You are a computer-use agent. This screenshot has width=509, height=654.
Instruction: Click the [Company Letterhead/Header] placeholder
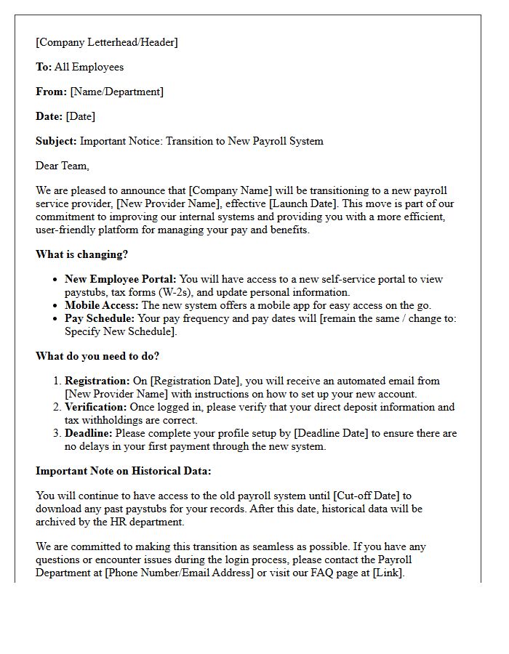[107, 42]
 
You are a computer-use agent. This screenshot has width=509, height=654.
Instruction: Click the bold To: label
[44, 67]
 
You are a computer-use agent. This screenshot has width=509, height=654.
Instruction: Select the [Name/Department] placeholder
[116, 92]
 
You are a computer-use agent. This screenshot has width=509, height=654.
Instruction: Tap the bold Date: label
[49, 116]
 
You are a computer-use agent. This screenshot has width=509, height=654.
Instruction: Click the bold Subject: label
[56, 141]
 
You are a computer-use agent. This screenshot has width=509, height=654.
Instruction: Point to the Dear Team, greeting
[63, 166]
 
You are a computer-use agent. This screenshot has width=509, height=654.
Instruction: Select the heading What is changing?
[81, 254]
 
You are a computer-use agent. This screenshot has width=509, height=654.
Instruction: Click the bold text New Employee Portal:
[121, 279]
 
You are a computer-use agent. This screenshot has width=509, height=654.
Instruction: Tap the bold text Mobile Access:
[102, 304]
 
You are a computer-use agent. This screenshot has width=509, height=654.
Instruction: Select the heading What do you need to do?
[97, 356]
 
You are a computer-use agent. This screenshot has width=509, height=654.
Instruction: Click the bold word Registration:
[96, 381]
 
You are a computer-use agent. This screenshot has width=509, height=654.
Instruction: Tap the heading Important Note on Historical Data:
[124, 471]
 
